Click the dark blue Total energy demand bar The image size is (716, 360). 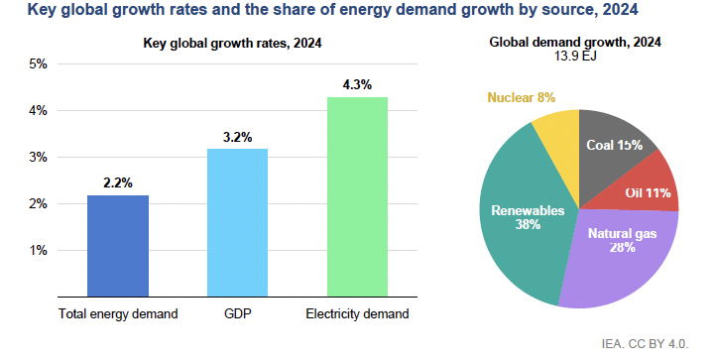coord(117,246)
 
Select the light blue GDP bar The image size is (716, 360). coord(237,222)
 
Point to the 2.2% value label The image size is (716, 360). coord(117,183)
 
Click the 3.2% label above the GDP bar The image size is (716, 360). coord(237,137)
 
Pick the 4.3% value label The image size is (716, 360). coord(357,85)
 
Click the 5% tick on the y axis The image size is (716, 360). coord(38,64)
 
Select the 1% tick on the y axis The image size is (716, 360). coord(38,250)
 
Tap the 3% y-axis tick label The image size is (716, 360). coord(38,158)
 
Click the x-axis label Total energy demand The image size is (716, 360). coord(117,314)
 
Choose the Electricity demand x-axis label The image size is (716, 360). coord(357,314)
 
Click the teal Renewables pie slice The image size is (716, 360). coord(521,223)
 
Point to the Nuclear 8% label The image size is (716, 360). coord(521,97)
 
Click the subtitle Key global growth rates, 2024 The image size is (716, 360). coord(232,43)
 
